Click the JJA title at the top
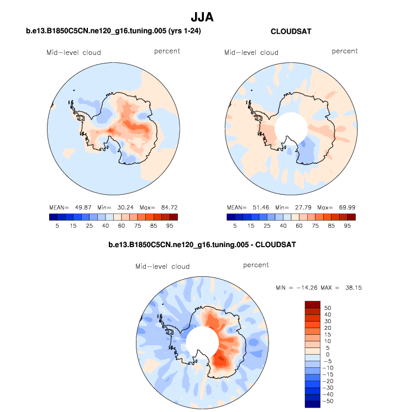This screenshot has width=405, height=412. click(x=202, y=17)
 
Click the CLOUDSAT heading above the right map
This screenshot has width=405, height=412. click(x=291, y=31)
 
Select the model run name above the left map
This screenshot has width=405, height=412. click(x=113, y=31)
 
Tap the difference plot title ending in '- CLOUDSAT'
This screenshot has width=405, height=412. click(x=202, y=243)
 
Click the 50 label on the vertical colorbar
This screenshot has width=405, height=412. click(x=328, y=307)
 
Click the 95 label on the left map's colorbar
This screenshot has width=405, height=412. click(x=169, y=226)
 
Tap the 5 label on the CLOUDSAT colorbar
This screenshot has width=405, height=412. click(x=235, y=226)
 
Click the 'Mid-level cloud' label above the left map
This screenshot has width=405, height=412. click(x=73, y=53)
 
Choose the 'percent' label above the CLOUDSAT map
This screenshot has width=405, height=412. click(x=345, y=51)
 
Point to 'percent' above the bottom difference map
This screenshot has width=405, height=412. click(x=256, y=265)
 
